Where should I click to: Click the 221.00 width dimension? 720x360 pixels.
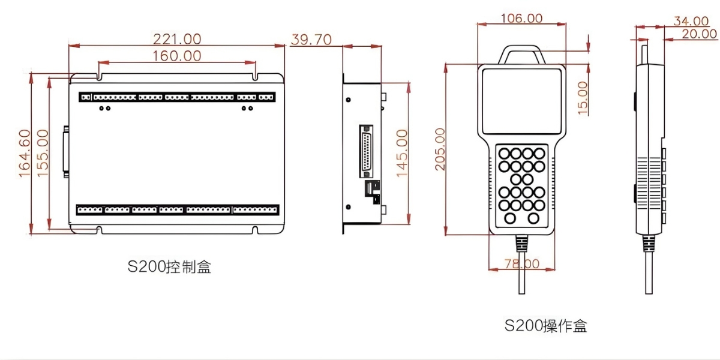click(x=177, y=39)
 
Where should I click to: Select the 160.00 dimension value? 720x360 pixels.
click(x=176, y=56)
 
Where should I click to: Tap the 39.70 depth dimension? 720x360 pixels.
click(x=311, y=40)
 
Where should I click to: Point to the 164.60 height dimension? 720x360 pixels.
click(x=24, y=153)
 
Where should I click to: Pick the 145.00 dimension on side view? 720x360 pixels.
click(x=401, y=153)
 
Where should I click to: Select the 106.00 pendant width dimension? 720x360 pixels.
click(x=521, y=19)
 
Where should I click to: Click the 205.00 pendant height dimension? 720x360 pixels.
click(x=440, y=149)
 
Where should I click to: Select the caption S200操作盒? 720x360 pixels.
click(x=545, y=326)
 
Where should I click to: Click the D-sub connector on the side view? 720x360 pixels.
click(x=366, y=150)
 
